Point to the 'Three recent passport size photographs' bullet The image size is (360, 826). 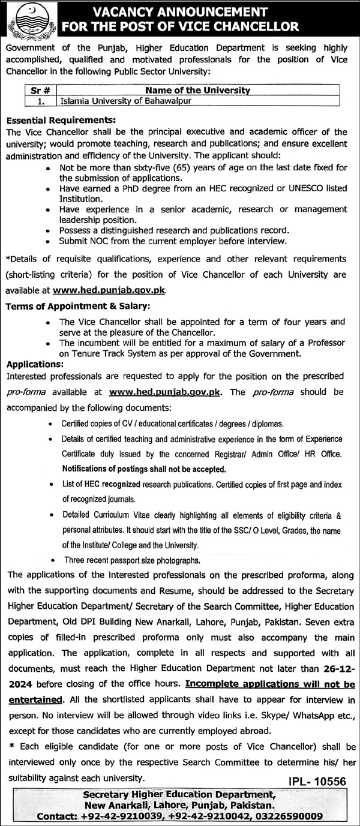pyautogui.click(x=133, y=560)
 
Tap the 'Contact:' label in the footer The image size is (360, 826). pyautogui.click(x=57, y=816)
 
